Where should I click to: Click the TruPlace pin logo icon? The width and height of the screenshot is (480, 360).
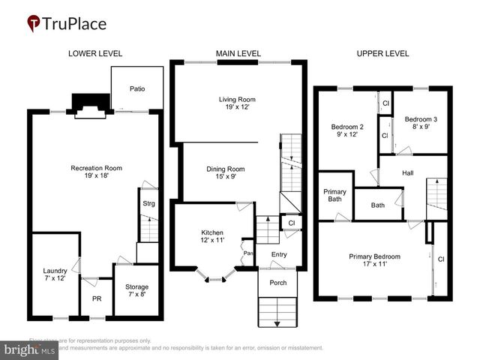[x=33, y=23]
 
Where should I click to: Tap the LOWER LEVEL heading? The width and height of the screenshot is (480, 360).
[x=95, y=53]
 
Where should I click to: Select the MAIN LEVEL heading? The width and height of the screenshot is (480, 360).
[x=238, y=53]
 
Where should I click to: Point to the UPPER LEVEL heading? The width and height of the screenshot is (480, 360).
[x=382, y=53]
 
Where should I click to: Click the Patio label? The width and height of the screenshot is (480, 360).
[x=136, y=88]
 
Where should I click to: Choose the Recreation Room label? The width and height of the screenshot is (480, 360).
[x=96, y=172]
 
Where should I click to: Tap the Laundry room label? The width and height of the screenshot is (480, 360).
[x=55, y=274]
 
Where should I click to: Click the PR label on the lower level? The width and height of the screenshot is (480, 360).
[x=96, y=298]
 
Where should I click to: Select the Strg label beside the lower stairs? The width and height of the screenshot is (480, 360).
[x=148, y=202]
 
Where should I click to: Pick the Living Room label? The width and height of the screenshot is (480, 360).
[x=238, y=103]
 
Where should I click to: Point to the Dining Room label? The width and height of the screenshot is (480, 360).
[x=226, y=172]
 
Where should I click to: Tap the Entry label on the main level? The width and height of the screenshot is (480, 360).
[x=279, y=254]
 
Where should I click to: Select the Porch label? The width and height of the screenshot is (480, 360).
[x=278, y=283]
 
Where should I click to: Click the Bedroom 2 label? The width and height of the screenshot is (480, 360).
[x=347, y=130]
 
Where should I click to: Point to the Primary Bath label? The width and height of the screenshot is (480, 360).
[x=335, y=195]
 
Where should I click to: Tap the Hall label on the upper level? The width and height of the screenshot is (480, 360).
[x=408, y=172]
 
